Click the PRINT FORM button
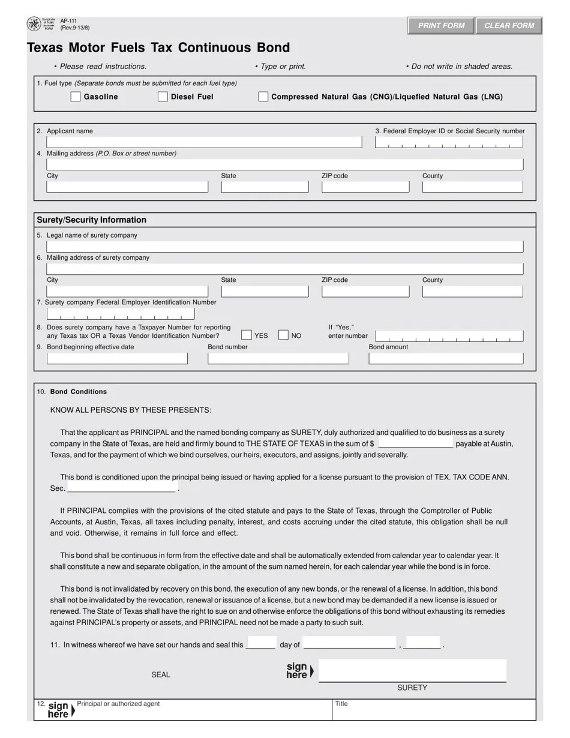click(x=441, y=26)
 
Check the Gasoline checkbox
click(x=76, y=97)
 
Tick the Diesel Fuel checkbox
click(x=163, y=97)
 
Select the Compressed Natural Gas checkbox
click(x=263, y=97)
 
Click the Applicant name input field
click(x=204, y=142)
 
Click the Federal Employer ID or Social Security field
click(x=449, y=142)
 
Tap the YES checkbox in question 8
click(x=247, y=335)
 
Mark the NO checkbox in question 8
click(x=283, y=335)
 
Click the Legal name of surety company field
click(x=285, y=247)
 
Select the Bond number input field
click(x=278, y=358)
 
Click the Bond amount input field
click(x=446, y=358)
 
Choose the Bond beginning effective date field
click(x=117, y=358)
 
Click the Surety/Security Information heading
click(x=92, y=220)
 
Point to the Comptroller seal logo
click(x=35, y=25)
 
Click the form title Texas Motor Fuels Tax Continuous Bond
click(x=158, y=48)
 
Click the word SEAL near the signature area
click(x=161, y=674)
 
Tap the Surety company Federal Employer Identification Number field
click(x=121, y=314)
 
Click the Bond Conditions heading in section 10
click(x=79, y=392)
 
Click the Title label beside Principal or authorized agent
click(x=341, y=704)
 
